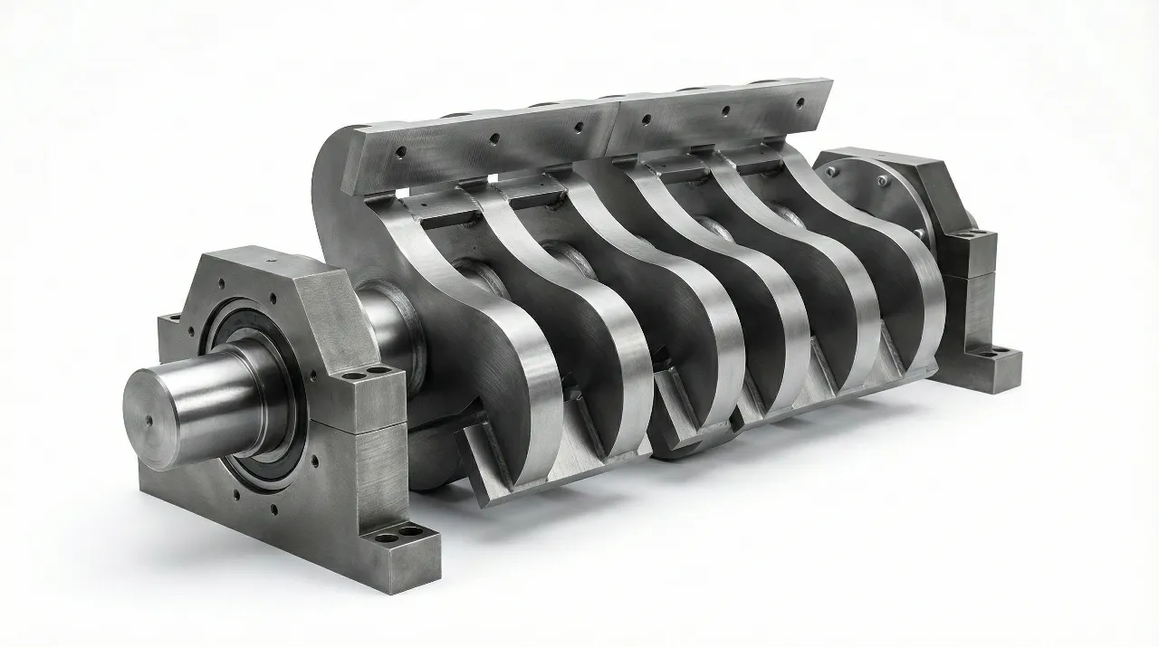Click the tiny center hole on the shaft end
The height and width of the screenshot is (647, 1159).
(146, 419)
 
